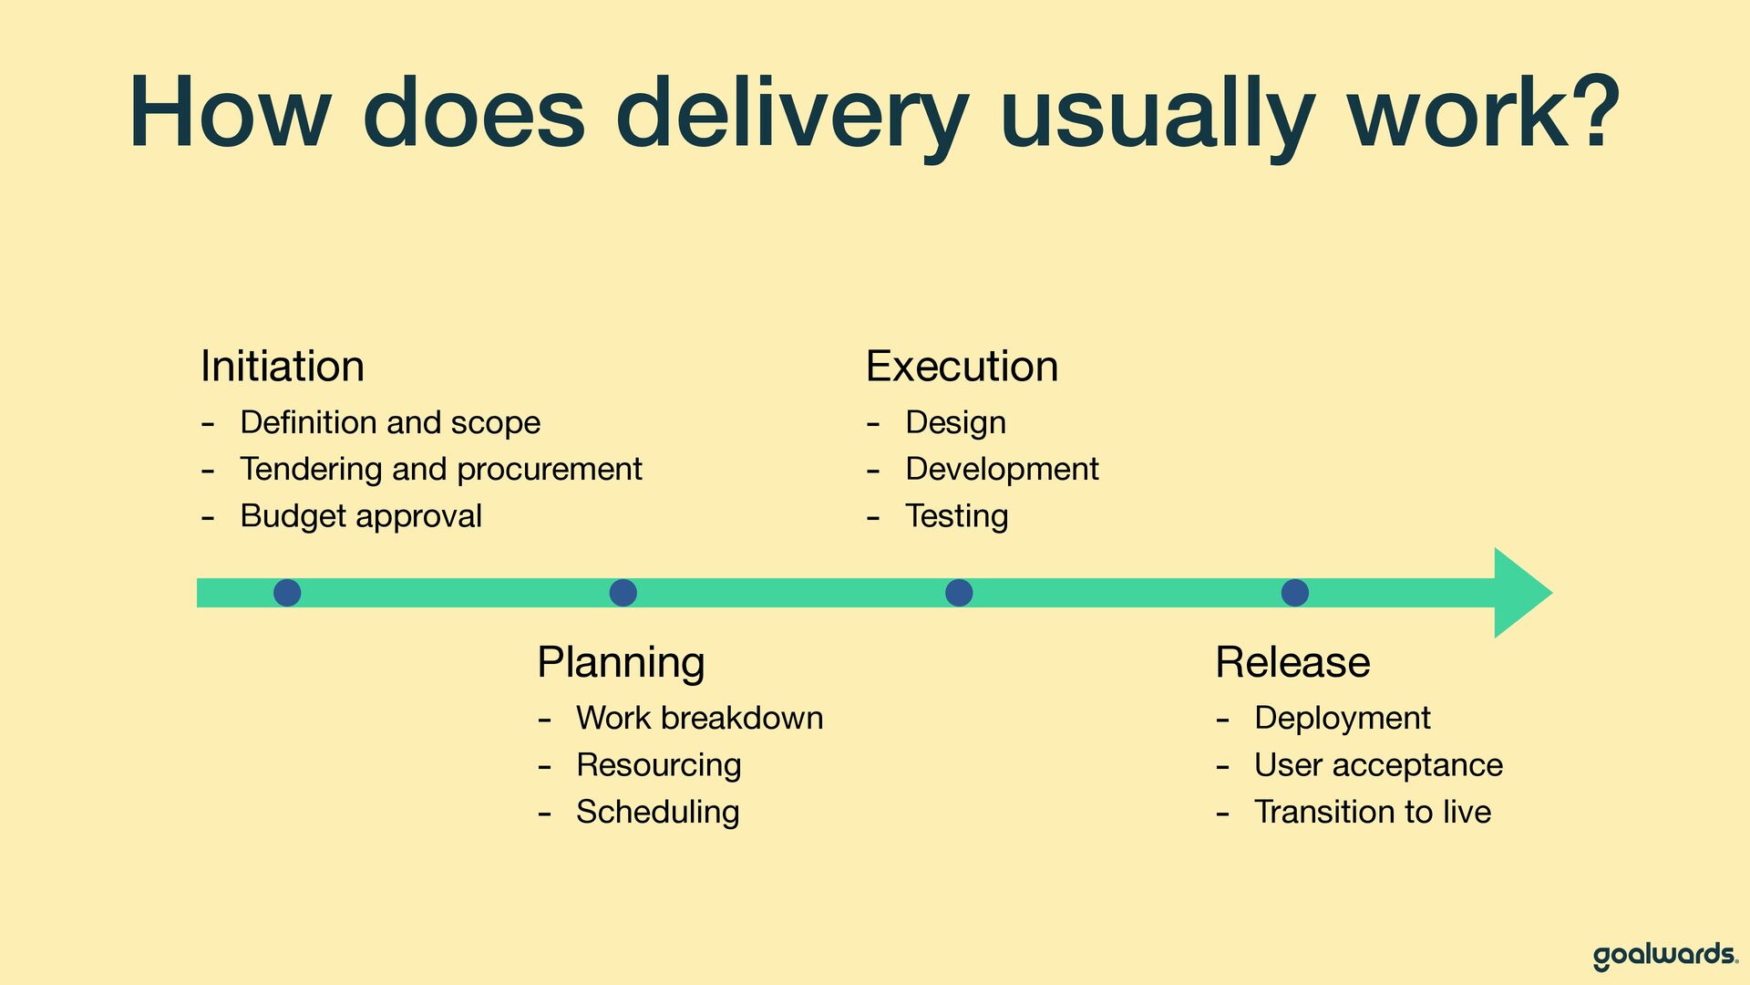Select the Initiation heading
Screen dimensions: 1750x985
[x=283, y=366]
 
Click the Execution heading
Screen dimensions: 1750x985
[x=962, y=366]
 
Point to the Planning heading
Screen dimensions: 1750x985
[x=621, y=663]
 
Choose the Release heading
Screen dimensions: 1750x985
[x=1292, y=662]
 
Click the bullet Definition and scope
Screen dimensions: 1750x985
[x=390, y=422]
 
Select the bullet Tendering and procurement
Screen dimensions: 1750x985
[x=441, y=469]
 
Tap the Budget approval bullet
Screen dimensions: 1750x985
[x=361, y=516]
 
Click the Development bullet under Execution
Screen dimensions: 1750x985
[x=1002, y=469]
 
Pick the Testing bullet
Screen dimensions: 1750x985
[x=957, y=516]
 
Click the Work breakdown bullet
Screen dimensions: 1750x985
[x=700, y=718]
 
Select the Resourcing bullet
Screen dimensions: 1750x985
[x=659, y=765]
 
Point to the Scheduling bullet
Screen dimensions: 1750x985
[x=658, y=812]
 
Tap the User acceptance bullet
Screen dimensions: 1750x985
[x=1378, y=765]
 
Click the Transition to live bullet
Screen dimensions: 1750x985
[x=1373, y=812]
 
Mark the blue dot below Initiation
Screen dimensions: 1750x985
[x=287, y=593]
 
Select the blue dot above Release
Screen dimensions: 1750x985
[x=1295, y=593]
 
